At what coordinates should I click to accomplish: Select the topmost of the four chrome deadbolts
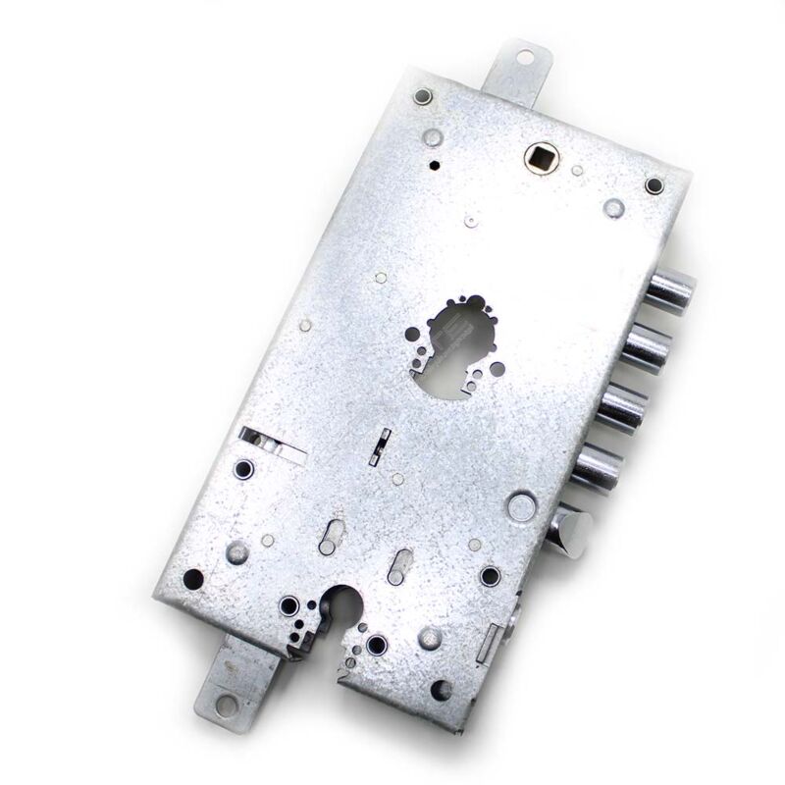(x=672, y=290)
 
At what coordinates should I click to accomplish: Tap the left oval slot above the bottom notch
(x=331, y=535)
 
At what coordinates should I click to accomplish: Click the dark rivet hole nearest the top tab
(x=423, y=96)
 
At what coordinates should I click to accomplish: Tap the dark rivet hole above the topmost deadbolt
(x=654, y=184)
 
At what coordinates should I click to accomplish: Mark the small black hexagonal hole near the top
(x=433, y=165)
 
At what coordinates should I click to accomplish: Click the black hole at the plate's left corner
(x=194, y=579)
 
